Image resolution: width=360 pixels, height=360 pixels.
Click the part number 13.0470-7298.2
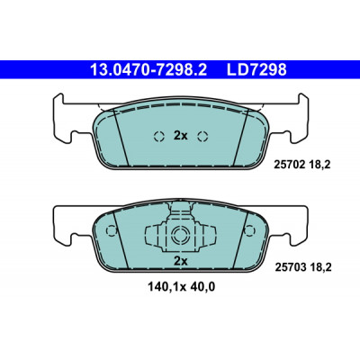click(148, 70)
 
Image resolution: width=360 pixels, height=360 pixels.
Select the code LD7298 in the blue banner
click(256, 70)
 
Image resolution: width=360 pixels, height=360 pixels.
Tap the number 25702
click(290, 165)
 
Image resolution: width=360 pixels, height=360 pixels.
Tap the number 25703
click(291, 267)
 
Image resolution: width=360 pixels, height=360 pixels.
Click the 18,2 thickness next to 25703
click(320, 267)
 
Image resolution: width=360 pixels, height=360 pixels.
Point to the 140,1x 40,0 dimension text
click(182, 287)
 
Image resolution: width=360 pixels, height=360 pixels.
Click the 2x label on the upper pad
click(181, 136)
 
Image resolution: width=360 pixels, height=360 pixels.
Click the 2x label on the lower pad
click(181, 261)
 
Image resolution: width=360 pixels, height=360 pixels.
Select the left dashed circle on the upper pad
click(159, 137)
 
